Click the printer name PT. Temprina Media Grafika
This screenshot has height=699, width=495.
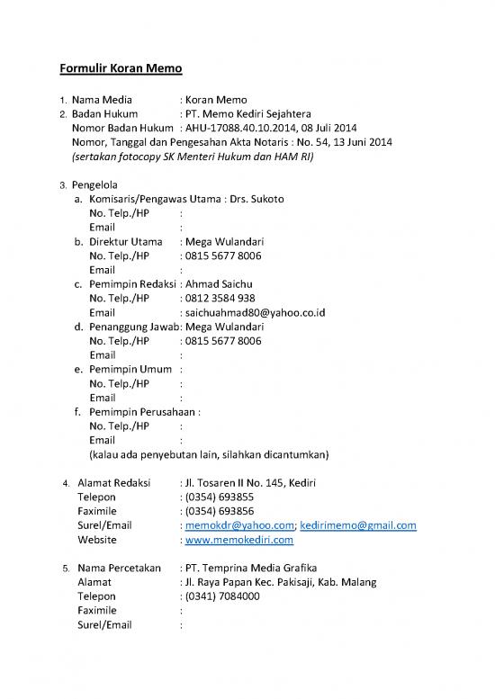[253, 568]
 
